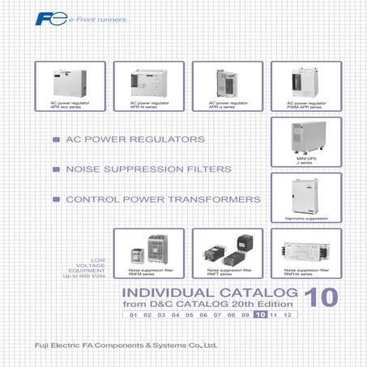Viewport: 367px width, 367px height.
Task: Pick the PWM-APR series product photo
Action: click(304, 81)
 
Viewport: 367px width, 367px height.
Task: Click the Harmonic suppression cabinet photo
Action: click(305, 194)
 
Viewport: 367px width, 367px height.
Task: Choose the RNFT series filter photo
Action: click(226, 248)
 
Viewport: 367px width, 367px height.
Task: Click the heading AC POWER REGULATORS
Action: click(134, 140)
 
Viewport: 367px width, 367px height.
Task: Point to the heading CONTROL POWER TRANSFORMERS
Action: click(163, 198)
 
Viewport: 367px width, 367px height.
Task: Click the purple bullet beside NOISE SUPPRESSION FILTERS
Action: click(55, 169)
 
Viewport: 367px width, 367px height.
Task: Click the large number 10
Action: click(322, 297)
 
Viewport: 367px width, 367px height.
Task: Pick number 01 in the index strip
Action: click(133, 314)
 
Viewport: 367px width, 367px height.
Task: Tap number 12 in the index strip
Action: click(288, 314)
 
